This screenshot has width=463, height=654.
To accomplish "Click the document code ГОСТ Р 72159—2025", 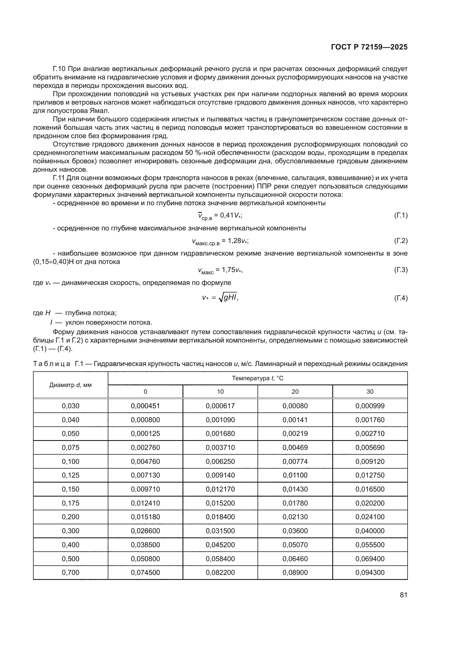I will click(x=369, y=47).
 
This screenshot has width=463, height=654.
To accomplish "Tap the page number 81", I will click(x=403, y=595).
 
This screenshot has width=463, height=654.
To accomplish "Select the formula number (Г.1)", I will click(x=401, y=215).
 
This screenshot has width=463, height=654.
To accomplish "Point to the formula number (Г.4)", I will click(x=401, y=298).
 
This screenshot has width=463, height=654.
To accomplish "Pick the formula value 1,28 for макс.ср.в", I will click(x=235, y=241).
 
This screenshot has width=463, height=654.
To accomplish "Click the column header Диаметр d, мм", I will click(x=71, y=385).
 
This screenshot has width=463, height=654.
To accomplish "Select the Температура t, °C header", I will click(x=258, y=378).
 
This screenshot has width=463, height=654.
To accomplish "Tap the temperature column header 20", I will click(x=295, y=392).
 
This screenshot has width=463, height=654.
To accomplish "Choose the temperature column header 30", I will click(x=370, y=392).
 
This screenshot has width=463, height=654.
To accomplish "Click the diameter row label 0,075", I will click(x=71, y=447).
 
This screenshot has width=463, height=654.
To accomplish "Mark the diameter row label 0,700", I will click(x=71, y=573).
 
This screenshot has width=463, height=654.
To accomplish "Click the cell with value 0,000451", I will click(x=145, y=406).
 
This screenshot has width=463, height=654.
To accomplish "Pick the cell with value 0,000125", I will click(x=145, y=434).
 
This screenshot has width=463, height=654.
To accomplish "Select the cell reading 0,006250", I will click(x=220, y=461).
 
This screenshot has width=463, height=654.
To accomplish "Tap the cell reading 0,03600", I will click(x=295, y=531).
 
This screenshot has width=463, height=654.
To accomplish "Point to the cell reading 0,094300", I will click(x=370, y=573).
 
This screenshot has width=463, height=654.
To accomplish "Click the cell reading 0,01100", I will click(x=295, y=475).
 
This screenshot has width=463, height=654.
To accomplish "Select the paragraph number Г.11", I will click(x=59, y=178).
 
